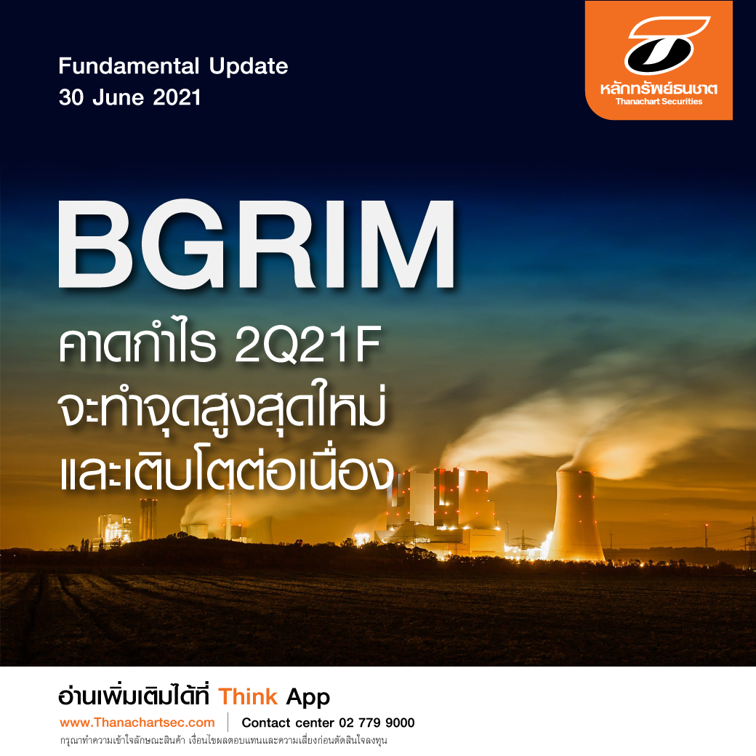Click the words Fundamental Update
[173, 67]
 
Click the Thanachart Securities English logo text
[659, 102]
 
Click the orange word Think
[248, 697]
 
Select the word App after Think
[307, 698]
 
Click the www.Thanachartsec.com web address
[137, 723]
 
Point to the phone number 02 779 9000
[377, 723]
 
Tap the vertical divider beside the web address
[228, 723]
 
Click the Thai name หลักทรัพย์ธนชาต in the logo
[659, 89]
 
